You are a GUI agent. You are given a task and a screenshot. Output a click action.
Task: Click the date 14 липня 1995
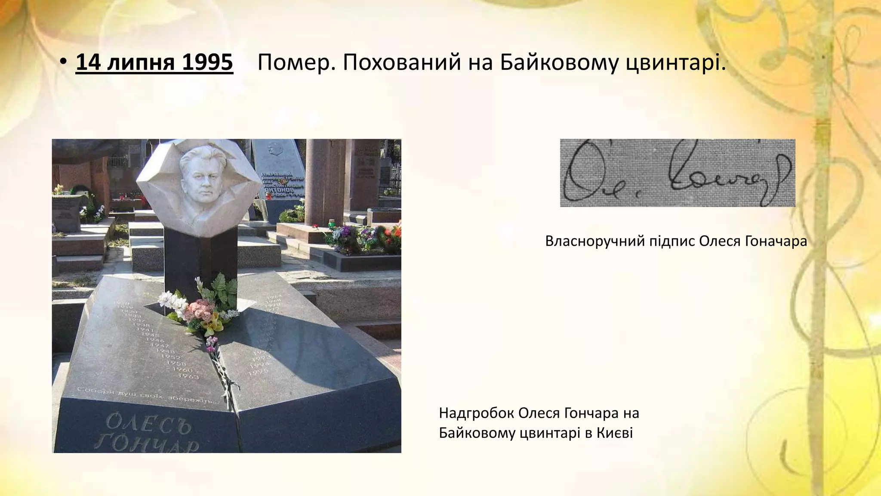tap(154, 63)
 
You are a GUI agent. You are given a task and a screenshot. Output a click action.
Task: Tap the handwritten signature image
tap(677, 173)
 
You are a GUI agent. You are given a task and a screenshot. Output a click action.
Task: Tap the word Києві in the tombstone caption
tap(615, 433)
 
